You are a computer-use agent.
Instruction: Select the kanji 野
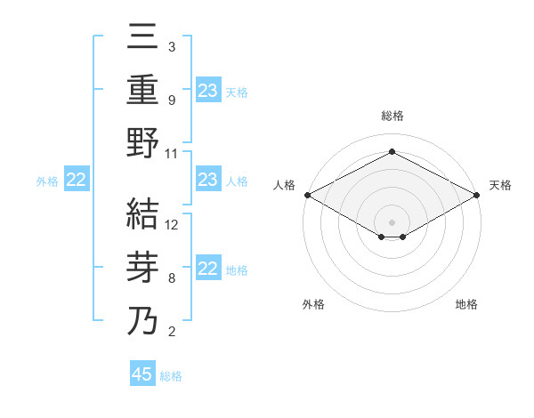[143, 142]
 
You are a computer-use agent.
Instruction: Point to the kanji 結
[143, 216]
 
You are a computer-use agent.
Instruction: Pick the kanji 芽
[143, 269]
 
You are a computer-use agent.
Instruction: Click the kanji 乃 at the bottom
[143, 321]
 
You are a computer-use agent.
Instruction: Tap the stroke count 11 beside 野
[172, 153]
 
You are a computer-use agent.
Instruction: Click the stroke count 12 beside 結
[172, 225]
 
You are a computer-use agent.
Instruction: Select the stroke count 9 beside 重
[171, 100]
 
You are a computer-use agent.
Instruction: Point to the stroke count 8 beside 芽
[171, 278]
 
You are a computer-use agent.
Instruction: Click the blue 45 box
[142, 374]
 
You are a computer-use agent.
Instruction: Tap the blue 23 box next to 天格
[208, 90]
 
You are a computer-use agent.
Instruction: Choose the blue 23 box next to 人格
[208, 180]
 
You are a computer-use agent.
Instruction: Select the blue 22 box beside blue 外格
[77, 181]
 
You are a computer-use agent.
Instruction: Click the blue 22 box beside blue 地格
[208, 269]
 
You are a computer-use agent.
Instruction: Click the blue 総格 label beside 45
[171, 376]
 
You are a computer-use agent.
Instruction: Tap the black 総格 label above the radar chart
[392, 116]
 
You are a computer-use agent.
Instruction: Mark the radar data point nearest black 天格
[478, 195]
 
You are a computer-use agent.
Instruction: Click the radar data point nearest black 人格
[306, 195]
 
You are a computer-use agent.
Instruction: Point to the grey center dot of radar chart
[392, 221]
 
